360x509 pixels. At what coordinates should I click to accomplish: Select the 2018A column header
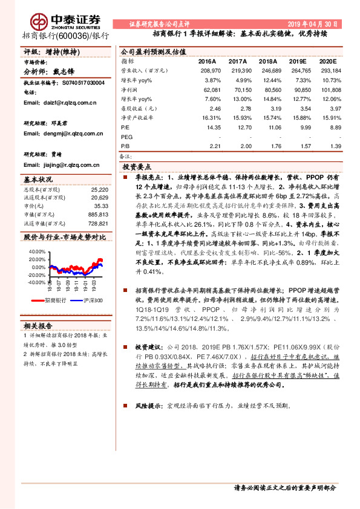click(x=263, y=62)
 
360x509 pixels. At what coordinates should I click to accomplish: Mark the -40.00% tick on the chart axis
click(x=36, y=282)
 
